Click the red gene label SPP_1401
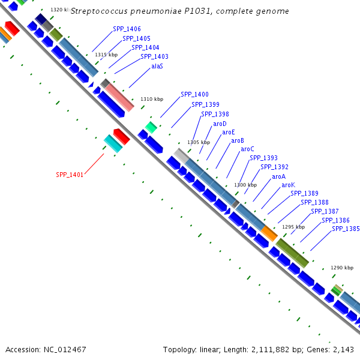coord(70,175)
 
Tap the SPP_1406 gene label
coord(127,29)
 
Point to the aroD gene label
coord(220,124)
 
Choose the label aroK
coord(288,185)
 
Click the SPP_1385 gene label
coord(346,229)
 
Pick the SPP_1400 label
coord(194,95)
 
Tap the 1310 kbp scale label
coord(152,99)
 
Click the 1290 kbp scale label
coord(342,268)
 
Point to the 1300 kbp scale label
coord(245,185)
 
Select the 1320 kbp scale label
coord(59,10)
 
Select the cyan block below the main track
coord(113,143)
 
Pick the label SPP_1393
coord(263,158)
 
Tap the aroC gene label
coord(247,149)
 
